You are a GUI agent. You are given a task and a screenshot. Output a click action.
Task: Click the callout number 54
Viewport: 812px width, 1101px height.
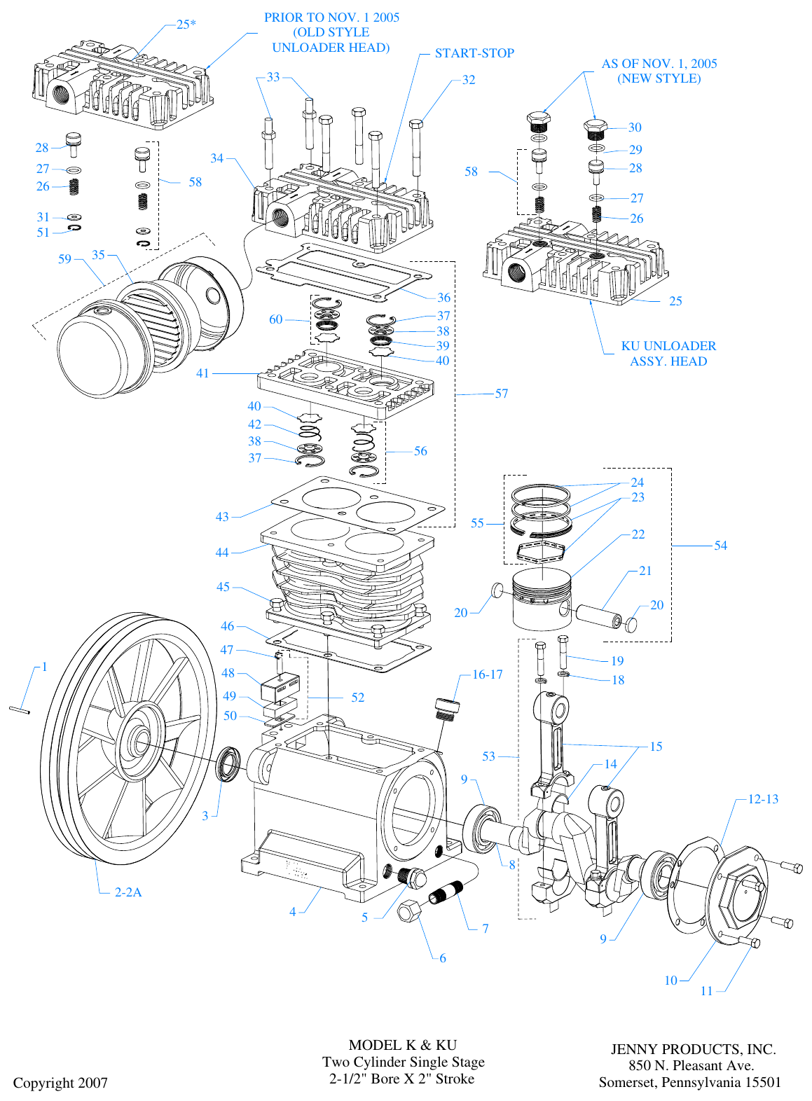click(720, 546)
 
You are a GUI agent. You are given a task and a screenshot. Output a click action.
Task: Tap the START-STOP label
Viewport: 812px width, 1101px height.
click(474, 53)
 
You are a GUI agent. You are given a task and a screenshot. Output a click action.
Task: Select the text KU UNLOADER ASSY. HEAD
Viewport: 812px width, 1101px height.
click(668, 354)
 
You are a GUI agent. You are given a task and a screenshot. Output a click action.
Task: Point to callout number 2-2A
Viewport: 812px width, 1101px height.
click(128, 892)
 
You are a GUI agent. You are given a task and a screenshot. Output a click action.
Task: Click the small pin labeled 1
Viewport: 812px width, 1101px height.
click(20, 711)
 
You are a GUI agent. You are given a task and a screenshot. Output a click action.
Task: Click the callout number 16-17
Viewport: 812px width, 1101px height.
click(487, 674)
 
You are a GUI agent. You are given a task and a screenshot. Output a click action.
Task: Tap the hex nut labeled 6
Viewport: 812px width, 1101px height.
click(409, 911)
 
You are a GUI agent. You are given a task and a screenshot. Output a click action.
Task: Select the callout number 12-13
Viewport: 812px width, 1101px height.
click(763, 799)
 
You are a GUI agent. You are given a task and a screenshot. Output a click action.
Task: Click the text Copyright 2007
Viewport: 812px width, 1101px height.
click(60, 1083)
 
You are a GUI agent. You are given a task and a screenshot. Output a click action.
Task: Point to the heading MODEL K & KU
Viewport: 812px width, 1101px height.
click(402, 1045)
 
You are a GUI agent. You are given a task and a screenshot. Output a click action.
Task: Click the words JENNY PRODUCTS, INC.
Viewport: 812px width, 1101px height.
click(693, 1049)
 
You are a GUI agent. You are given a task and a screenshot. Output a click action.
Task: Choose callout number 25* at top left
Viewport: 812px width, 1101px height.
click(186, 25)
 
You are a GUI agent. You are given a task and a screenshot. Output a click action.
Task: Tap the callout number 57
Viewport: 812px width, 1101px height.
click(502, 394)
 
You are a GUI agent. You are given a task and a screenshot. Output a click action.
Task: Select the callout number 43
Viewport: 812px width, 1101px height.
click(222, 517)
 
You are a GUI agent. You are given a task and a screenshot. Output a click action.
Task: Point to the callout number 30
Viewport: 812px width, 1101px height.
click(635, 127)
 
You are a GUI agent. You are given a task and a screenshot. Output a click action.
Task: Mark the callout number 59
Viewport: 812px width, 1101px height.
click(64, 259)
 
